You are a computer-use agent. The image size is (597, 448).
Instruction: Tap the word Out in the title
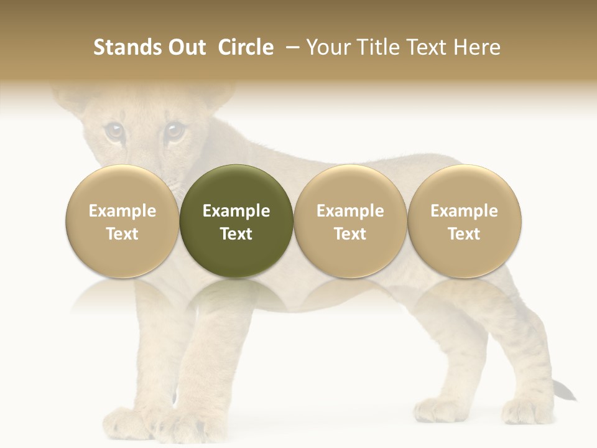[185, 47]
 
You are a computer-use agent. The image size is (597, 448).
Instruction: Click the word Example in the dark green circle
[236, 211]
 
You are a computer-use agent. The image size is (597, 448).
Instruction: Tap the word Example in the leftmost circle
[123, 211]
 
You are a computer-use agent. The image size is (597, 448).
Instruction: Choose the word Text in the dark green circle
[236, 234]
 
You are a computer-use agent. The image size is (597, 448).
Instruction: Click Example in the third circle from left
[350, 211]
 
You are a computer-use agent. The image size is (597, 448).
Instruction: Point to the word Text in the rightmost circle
[464, 234]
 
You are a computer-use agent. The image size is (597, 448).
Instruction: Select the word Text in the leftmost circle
[123, 234]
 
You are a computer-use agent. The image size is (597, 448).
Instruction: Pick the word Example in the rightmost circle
[464, 211]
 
